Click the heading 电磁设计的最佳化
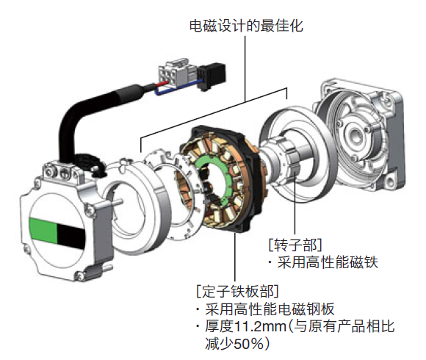246,26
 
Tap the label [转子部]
295,245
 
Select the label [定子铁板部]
237,291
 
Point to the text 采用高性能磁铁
328,262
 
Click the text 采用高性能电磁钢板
270,309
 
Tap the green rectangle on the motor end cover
43,231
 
